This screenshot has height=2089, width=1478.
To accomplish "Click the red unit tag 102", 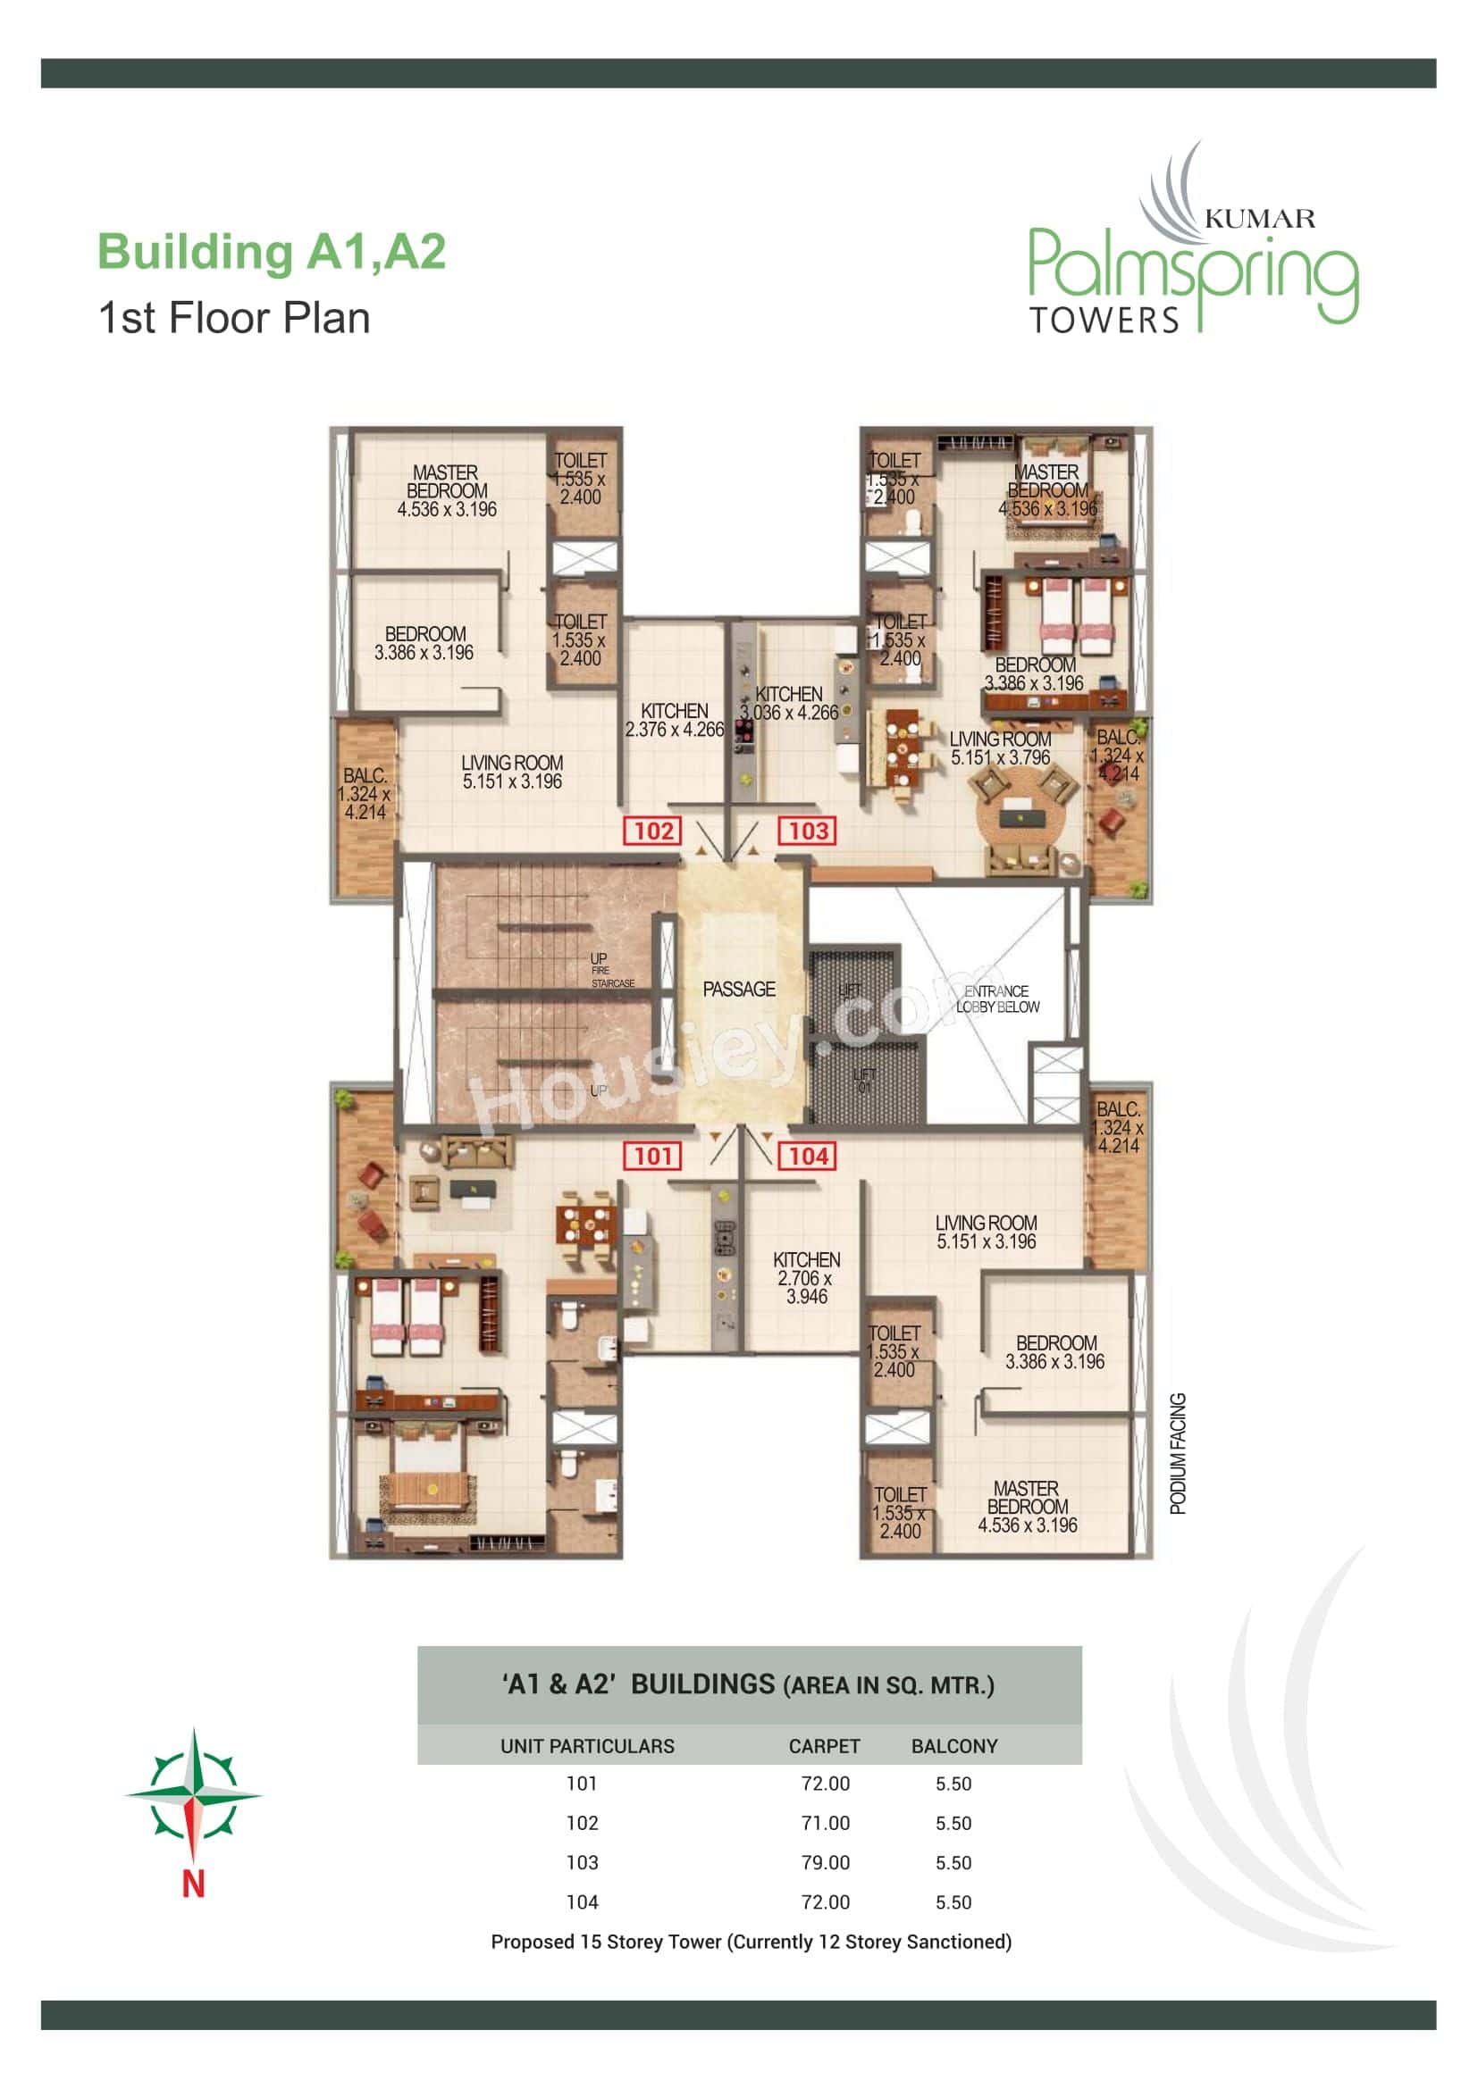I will (x=652, y=831).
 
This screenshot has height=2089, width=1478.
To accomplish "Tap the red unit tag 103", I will (x=807, y=831).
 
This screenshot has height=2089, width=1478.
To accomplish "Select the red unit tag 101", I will (x=652, y=1157).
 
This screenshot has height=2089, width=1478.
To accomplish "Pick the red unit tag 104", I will (x=807, y=1157).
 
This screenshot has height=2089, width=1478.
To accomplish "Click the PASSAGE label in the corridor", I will (x=739, y=989).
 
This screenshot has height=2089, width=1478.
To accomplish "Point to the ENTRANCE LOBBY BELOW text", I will (x=996, y=999).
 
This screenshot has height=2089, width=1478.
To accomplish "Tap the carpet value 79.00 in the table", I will (x=826, y=1862).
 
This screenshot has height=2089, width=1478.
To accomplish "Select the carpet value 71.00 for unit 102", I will (x=826, y=1824).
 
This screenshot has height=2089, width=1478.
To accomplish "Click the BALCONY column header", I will (x=953, y=1746).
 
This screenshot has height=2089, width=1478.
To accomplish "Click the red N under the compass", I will (x=193, y=1884).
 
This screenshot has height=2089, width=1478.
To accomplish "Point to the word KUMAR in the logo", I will (x=1259, y=218).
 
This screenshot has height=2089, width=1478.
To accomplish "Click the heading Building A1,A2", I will (x=272, y=252).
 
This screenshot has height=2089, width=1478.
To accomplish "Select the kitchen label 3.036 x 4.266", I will (x=788, y=704).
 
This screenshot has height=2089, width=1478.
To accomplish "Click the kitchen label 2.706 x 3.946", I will (x=806, y=1277).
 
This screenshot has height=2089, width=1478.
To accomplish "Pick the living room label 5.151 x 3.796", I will (x=999, y=748).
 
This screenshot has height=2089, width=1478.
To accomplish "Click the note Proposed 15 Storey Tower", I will (x=751, y=1942).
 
